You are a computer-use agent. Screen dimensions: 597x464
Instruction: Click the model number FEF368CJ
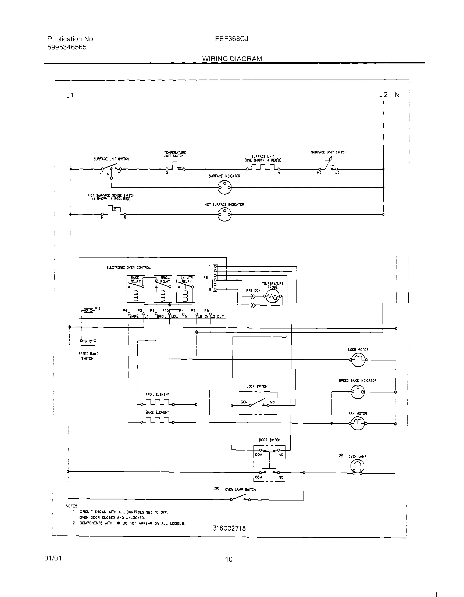click(231, 39)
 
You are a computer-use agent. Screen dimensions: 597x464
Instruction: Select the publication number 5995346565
click(67, 47)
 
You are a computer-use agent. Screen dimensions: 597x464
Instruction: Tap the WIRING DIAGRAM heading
click(232, 59)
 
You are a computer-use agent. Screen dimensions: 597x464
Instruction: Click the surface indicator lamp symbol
click(224, 188)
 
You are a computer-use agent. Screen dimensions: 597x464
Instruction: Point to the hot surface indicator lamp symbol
click(224, 215)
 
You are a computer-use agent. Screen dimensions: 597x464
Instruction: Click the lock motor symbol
click(358, 360)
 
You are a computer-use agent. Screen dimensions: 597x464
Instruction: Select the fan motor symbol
click(357, 423)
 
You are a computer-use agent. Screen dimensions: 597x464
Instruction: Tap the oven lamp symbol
click(357, 466)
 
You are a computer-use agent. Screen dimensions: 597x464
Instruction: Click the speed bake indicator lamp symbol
click(358, 392)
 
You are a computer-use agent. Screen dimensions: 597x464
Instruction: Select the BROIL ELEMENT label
click(157, 394)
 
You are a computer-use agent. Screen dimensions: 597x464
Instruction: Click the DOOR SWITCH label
click(269, 440)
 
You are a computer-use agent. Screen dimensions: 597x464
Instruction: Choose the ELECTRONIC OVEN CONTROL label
click(128, 268)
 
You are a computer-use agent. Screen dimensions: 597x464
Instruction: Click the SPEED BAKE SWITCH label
click(88, 356)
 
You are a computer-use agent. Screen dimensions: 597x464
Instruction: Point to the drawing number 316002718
click(229, 528)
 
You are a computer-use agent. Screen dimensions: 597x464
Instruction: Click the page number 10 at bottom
click(229, 560)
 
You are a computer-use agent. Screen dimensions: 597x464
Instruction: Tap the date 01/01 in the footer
click(53, 558)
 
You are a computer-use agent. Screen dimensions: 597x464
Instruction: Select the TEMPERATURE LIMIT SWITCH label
click(175, 154)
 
